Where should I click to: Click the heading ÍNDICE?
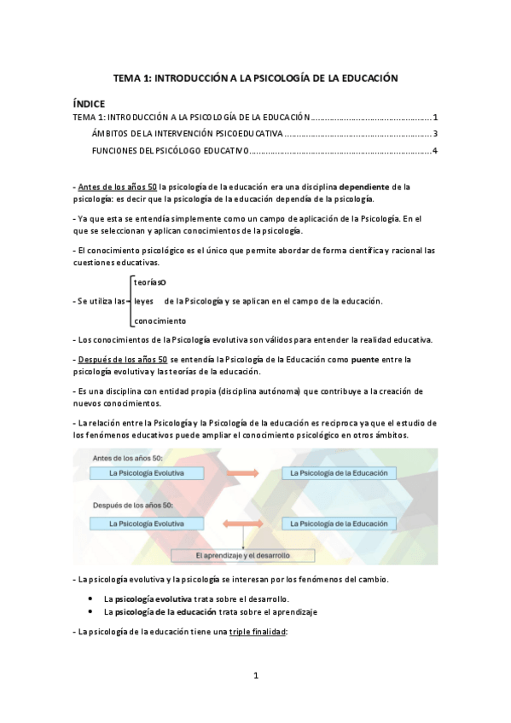(89, 103)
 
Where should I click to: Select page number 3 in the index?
(435, 134)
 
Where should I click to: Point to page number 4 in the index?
(435, 151)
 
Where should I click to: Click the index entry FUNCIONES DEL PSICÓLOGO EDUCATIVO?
(170, 151)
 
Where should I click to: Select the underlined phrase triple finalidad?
(258, 631)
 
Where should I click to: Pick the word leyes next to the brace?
(143, 301)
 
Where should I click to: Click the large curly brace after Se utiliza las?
(129, 301)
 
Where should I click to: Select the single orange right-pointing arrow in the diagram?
(243, 472)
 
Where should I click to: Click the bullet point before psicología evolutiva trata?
(90, 599)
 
